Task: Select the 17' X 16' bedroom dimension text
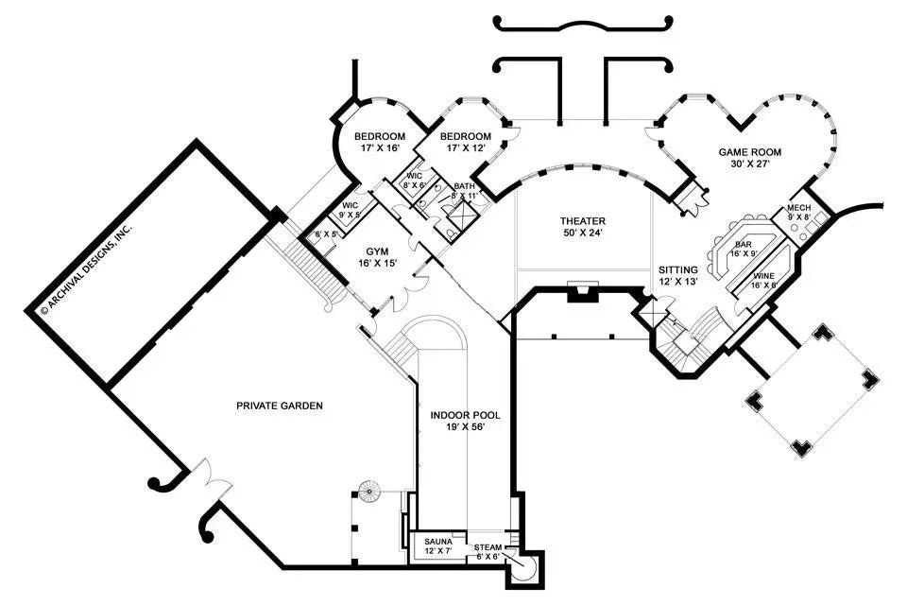coord(379,148)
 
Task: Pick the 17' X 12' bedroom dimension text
coord(465,148)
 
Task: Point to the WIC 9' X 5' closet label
coord(350,209)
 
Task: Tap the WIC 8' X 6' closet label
coord(415,181)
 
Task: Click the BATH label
coord(464,187)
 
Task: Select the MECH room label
coord(799,210)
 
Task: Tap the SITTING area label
coord(678,270)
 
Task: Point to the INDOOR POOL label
coord(465,415)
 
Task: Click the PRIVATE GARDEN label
coord(280,406)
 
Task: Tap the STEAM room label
coord(487,547)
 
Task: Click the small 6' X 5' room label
coord(326,234)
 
